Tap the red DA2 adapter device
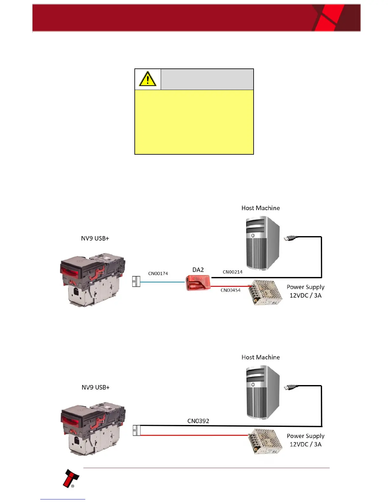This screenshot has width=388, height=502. point(198,283)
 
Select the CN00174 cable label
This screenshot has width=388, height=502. point(158,274)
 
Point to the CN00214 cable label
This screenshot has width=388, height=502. point(232,272)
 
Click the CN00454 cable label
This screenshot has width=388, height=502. point(230,290)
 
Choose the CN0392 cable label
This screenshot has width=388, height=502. point(198,421)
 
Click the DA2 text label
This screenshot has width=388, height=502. point(198,270)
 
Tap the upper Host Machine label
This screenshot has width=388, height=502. point(261,208)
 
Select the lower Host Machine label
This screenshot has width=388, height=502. point(261,357)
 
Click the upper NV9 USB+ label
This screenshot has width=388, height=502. point(95,238)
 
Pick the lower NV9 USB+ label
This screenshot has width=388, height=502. point(95,387)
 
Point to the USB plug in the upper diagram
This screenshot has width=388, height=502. point(290,238)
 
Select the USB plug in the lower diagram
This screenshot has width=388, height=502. point(290,387)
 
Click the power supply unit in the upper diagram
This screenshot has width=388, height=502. point(266,292)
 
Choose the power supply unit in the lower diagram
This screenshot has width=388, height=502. point(266,441)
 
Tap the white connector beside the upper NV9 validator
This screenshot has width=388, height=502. point(136,281)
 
